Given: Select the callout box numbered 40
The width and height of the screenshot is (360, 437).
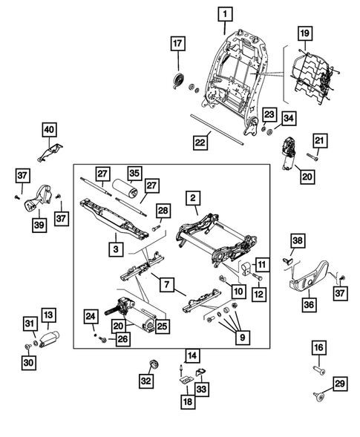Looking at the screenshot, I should (x=49, y=131).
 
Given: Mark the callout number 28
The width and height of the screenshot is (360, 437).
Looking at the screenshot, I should (x=163, y=211).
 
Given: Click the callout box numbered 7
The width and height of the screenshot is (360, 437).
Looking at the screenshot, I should (x=167, y=284).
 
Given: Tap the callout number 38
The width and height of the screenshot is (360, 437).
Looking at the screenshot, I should (x=297, y=240).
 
